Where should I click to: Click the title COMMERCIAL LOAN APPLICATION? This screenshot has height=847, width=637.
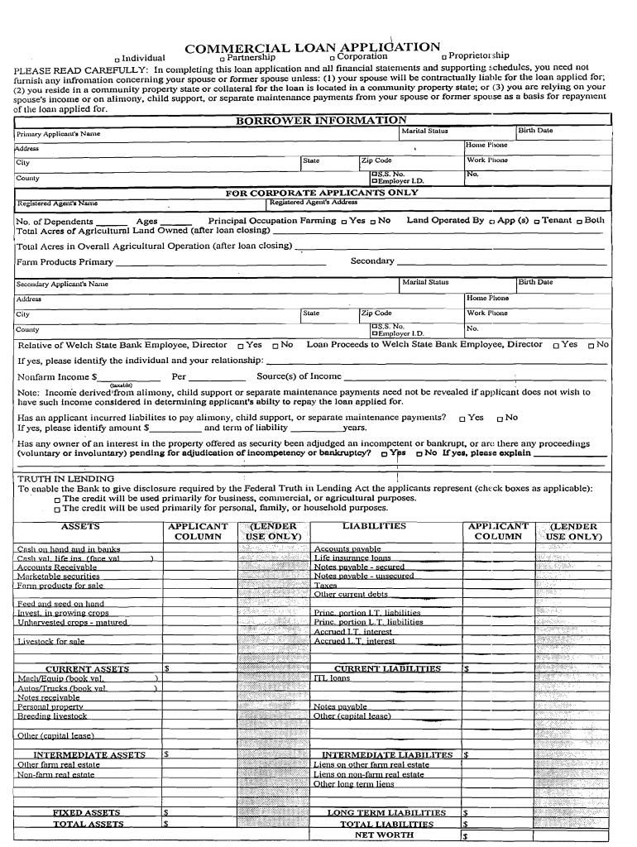pyautogui.click(x=312, y=47)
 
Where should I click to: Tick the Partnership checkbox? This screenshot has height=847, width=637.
pyautogui.click(x=222, y=58)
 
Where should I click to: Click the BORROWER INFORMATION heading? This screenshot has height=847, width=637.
pyautogui.click(x=321, y=121)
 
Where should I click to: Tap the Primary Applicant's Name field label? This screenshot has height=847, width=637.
pyautogui.click(x=59, y=133)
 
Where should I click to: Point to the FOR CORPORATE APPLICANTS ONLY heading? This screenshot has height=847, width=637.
pyautogui.click(x=322, y=193)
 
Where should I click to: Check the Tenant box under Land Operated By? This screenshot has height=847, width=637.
pyautogui.click(x=537, y=222)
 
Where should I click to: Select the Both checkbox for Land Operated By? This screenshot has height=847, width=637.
pyautogui.click(x=579, y=222)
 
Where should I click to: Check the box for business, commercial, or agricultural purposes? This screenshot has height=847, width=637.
pyautogui.click(x=57, y=500)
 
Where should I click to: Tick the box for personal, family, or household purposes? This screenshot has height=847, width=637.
pyautogui.click(x=57, y=510)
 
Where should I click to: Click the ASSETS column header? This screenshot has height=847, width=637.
pyautogui.click(x=80, y=526)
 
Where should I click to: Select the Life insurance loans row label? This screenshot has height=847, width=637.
pyautogui.click(x=352, y=557)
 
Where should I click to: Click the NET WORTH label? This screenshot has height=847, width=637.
pyautogui.click(x=384, y=835)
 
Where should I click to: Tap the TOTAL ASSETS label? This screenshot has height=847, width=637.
pyautogui.click(x=89, y=824)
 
